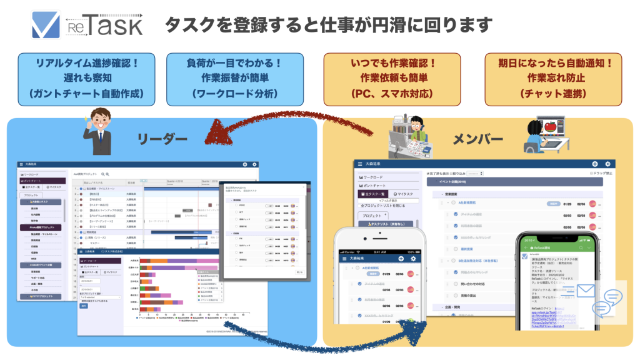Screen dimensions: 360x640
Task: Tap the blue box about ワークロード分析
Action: tap(234, 79)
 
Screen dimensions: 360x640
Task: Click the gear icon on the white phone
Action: tap(412, 259)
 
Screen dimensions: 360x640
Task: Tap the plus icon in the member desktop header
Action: tap(594, 164)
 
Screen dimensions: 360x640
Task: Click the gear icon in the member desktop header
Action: tap(607, 164)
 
